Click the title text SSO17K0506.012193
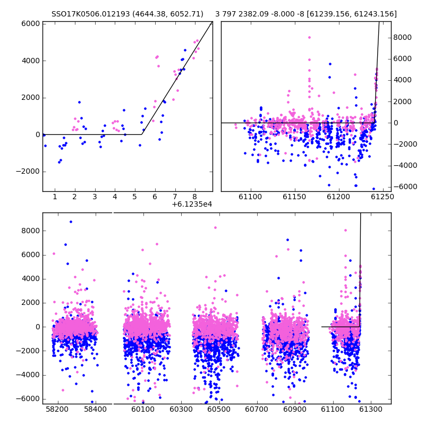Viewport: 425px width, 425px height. tap(90, 14)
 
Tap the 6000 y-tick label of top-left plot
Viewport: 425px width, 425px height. tap(31, 24)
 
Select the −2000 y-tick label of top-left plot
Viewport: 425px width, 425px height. tap(28, 172)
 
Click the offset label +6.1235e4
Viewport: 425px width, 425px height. tap(192, 204)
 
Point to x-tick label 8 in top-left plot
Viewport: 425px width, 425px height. tap(194, 197)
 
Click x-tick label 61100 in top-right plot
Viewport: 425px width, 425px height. tap(250, 197)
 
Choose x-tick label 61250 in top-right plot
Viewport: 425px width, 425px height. tap(382, 197)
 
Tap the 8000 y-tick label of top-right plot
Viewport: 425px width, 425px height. tap(403, 37)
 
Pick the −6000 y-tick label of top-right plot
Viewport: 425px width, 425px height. tap(405, 186)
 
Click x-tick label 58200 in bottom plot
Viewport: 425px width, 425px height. tap(57, 409)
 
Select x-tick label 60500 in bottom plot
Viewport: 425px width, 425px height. tap(219, 409)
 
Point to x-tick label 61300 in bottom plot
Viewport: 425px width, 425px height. tap(370, 409)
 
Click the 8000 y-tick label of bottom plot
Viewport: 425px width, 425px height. tap(31, 231)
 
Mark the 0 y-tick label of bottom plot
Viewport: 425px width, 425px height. tap(38, 327)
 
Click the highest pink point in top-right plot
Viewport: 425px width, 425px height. tap(309, 38)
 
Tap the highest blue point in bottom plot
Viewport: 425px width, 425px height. tap(71, 222)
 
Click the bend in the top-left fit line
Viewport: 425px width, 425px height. tap(141, 134)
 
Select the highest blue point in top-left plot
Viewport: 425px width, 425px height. tap(185, 50)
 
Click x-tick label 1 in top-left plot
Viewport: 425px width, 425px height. tap(55, 197)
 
